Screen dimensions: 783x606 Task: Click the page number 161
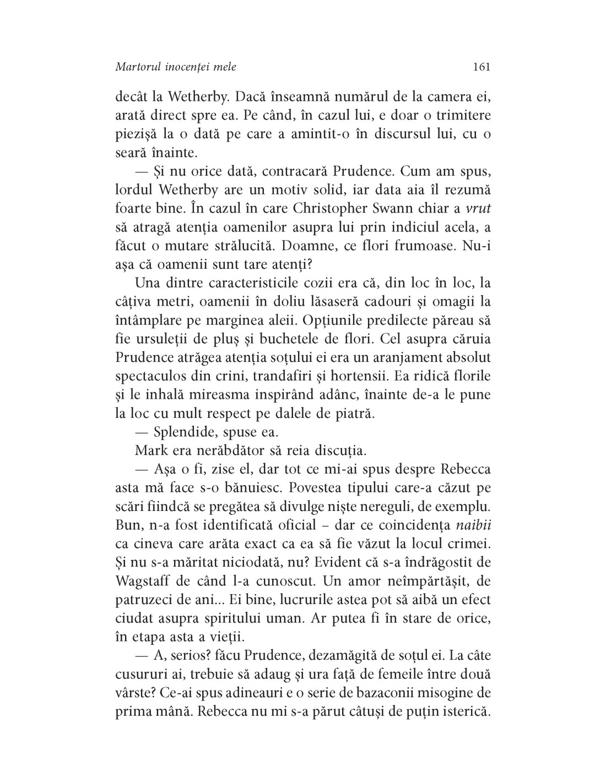coord(481,67)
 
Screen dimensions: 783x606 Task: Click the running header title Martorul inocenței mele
coord(176,67)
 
